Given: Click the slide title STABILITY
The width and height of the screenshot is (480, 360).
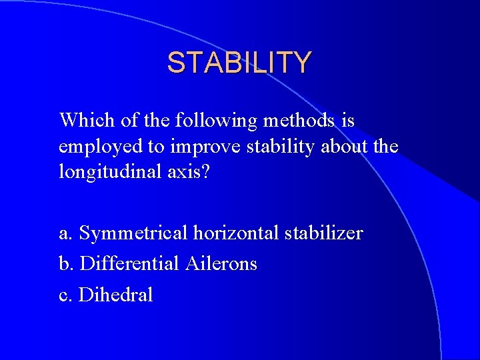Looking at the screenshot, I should [x=239, y=63].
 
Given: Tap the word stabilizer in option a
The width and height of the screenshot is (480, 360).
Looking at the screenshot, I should [x=323, y=233].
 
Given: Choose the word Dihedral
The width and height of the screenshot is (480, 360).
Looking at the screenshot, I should [x=116, y=294].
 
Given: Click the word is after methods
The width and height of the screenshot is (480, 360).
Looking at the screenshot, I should [x=347, y=121].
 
